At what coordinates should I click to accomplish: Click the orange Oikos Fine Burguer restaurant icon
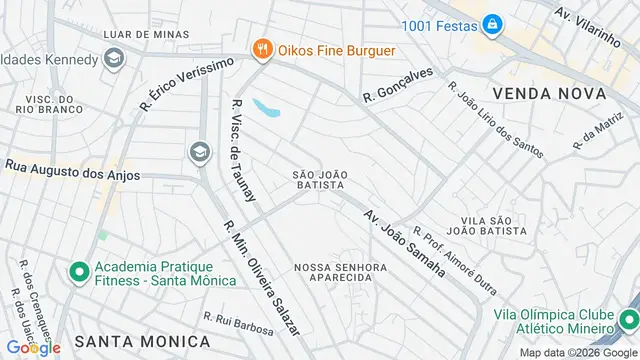click(x=262, y=48)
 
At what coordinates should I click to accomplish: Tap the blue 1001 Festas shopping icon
click(x=492, y=23)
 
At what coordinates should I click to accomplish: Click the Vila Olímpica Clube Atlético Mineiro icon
click(x=627, y=319)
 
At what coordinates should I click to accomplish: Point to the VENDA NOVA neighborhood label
click(x=549, y=93)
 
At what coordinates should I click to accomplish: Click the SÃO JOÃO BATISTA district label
click(x=320, y=180)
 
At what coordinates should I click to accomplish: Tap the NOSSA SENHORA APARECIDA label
click(x=340, y=273)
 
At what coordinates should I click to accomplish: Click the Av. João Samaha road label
click(x=403, y=243)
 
